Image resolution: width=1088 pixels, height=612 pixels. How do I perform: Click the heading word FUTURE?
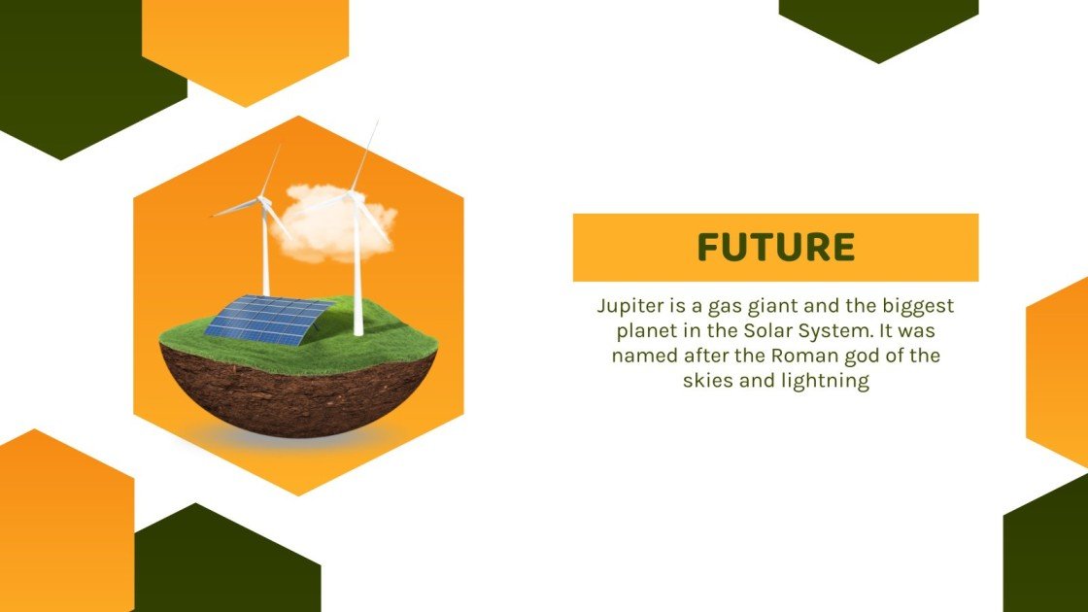775,248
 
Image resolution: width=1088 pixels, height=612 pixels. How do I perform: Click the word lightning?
824,381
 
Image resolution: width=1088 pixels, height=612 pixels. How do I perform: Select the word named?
642,356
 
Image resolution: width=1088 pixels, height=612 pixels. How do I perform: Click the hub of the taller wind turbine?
355,196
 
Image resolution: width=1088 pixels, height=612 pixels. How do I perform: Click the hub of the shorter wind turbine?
262,202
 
